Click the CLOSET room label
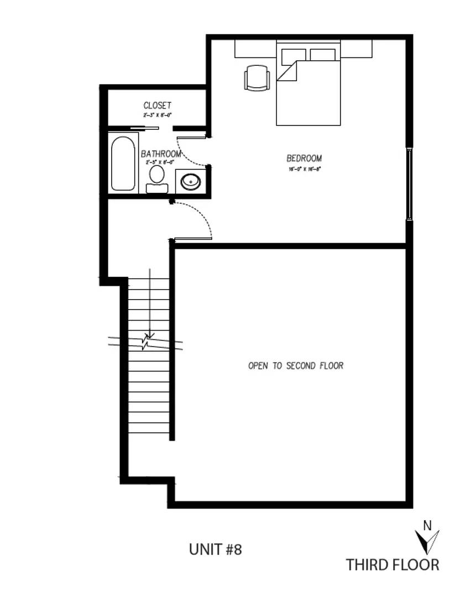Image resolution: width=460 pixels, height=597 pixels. (x=158, y=105)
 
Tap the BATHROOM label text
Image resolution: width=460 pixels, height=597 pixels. (x=161, y=153)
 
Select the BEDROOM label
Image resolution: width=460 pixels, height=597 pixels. (x=304, y=158)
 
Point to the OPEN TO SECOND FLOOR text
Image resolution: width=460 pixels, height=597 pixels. (x=296, y=365)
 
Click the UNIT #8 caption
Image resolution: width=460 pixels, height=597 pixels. (x=215, y=549)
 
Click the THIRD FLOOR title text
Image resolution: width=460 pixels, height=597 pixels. (x=393, y=564)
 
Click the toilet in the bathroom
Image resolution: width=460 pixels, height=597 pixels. (x=156, y=179)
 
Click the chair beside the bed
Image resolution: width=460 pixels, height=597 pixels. (x=257, y=77)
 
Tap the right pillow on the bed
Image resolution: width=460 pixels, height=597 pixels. (x=323, y=55)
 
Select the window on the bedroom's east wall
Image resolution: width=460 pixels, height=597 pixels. (x=409, y=185)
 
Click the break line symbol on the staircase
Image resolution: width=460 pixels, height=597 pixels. (x=147, y=341)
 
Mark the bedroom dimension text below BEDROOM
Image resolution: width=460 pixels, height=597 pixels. (x=304, y=169)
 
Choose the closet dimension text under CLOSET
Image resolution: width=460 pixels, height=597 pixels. (x=158, y=115)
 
